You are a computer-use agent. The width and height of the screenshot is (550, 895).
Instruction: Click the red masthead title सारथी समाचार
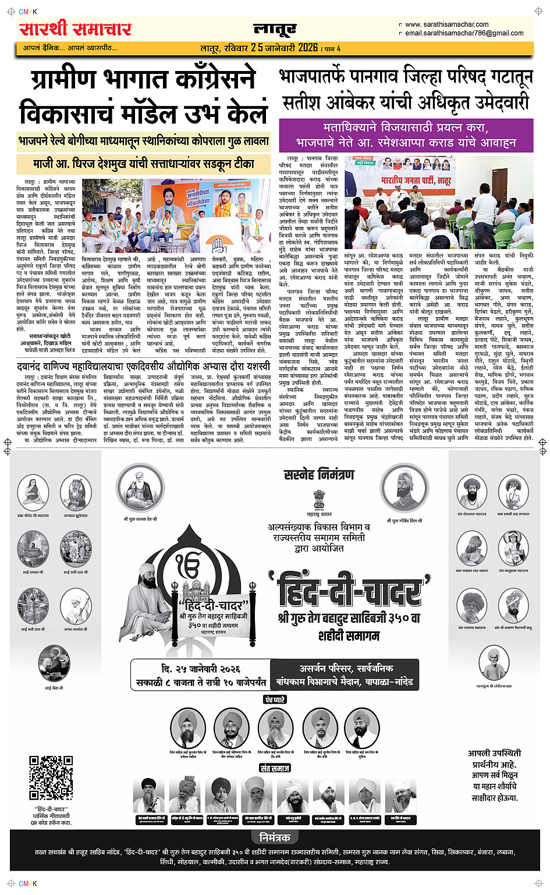coord(75,29)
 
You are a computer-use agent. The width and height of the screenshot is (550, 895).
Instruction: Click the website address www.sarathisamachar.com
coord(446,24)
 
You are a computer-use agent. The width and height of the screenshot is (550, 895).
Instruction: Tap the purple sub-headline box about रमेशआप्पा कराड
coord(406,134)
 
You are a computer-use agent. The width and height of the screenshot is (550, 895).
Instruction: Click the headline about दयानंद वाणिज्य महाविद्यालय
coord(143,367)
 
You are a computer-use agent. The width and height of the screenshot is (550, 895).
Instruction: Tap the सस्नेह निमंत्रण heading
coord(319,475)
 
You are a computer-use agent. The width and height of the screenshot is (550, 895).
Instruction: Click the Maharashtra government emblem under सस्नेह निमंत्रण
coord(318,500)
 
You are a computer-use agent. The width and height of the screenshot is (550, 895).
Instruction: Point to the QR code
coord(51,777)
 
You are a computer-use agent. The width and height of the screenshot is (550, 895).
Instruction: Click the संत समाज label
coord(275,768)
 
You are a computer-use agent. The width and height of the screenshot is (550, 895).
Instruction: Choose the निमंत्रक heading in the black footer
coord(275,837)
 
